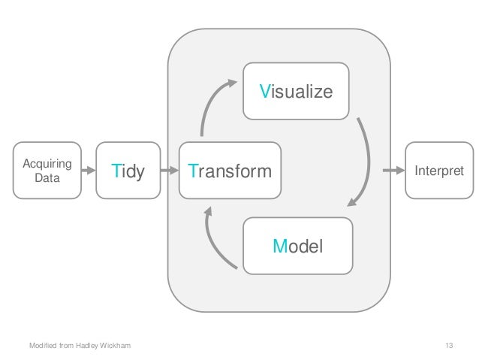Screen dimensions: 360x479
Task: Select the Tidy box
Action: (x=128, y=171)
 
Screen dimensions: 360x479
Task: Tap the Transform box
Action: (x=230, y=171)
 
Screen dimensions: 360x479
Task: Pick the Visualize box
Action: (x=295, y=92)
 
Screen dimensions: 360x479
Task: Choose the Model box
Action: (x=298, y=245)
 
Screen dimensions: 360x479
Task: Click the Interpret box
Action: (x=435, y=171)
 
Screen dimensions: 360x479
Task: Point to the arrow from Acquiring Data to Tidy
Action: (x=89, y=171)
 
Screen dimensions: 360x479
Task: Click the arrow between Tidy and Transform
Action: (x=169, y=171)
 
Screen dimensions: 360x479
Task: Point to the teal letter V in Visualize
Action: (x=264, y=92)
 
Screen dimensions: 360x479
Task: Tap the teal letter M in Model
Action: (x=279, y=245)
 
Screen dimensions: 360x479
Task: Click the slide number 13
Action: (x=449, y=345)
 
